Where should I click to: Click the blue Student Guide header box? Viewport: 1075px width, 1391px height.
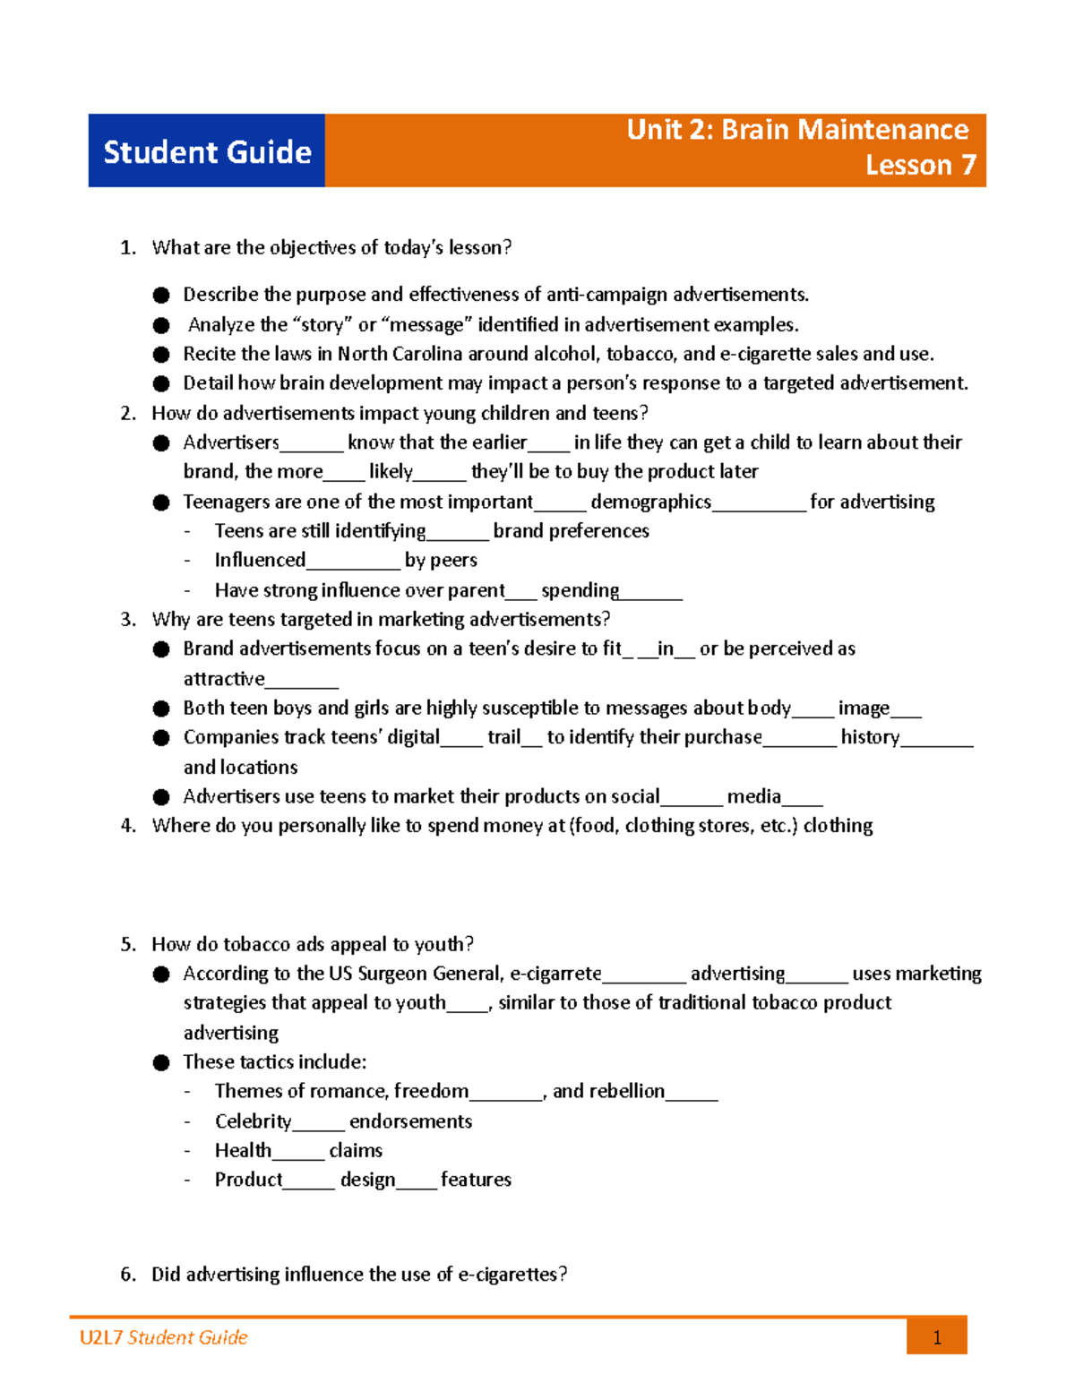(206, 150)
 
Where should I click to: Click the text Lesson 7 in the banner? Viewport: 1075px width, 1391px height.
(920, 165)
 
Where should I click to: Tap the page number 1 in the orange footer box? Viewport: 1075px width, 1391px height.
(936, 1338)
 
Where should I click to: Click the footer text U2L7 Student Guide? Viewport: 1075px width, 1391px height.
(163, 1337)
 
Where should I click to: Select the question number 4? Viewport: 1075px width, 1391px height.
(127, 826)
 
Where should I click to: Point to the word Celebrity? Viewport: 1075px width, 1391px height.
(253, 1121)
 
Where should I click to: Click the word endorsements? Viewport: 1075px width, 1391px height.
(410, 1121)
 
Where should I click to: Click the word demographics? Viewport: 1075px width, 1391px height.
(650, 502)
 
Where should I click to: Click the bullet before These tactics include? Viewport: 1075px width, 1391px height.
(161, 1063)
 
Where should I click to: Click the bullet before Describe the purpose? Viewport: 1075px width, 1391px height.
(161, 295)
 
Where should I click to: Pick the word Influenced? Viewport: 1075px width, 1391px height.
(260, 560)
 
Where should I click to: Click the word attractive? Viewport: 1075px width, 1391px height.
(224, 679)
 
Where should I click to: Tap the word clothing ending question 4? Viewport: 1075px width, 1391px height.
(838, 826)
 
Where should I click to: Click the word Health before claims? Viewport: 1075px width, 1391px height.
(243, 1150)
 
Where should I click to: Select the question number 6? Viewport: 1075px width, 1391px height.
(127, 1275)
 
